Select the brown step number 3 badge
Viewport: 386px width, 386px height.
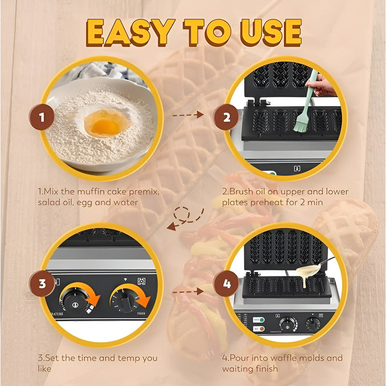[42, 283]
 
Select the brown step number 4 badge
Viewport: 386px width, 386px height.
[227, 283]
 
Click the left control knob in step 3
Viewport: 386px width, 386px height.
[76, 302]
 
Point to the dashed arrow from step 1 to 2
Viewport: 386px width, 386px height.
[188, 115]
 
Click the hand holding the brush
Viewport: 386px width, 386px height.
[324, 87]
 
